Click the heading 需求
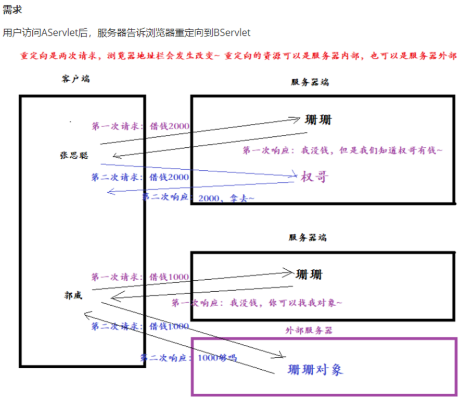pos(12,10)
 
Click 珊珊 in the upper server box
pos(318,120)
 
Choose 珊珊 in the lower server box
pos(309,273)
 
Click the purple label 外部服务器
pos(309,330)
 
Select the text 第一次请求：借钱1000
pos(140,277)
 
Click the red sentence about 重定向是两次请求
pos(239,56)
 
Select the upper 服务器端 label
pos(310,82)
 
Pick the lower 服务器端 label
pos(308,238)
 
